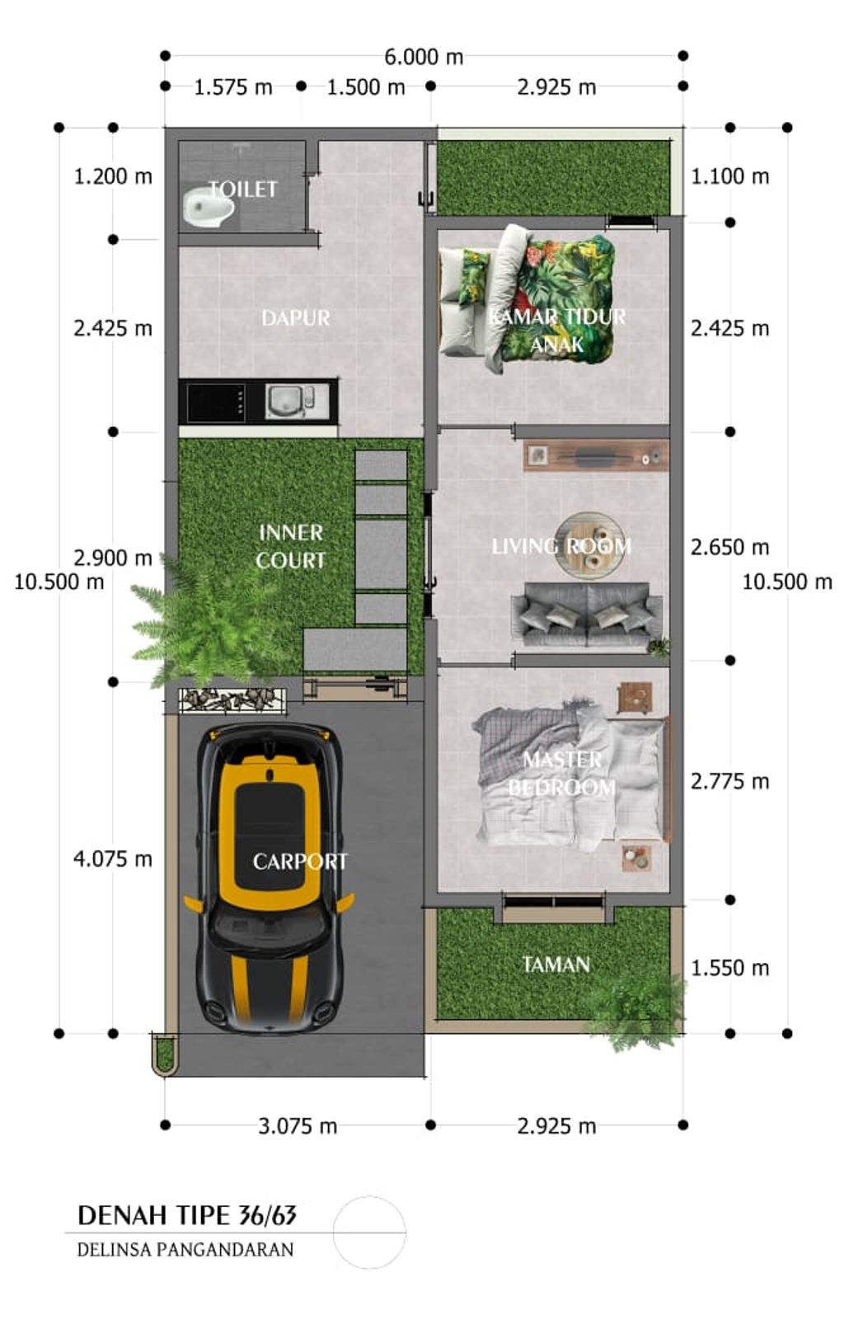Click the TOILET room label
[242, 189]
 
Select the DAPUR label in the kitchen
[296, 318]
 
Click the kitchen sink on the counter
[289, 401]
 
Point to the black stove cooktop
[216, 402]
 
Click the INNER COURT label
[291, 546]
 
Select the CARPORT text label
[300, 862]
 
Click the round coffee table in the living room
[591, 545]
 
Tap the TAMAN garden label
[556, 965]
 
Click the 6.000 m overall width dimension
[424, 57]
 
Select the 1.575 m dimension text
[233, 87]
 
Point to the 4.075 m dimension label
[112, 859]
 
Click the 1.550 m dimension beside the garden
[729, 968]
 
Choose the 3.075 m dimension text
[298, 1126]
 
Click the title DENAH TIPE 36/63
[187, 1215]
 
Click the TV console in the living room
[596, 456]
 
